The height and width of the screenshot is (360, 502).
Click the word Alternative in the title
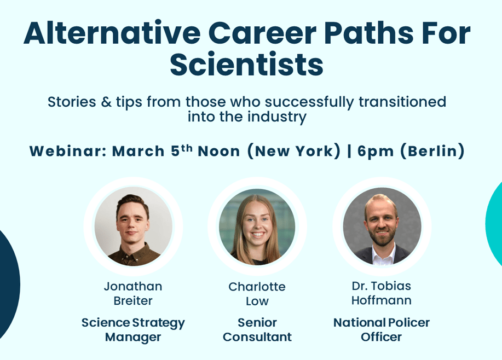pos(112,33)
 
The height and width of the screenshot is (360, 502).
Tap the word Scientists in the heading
pos(246,65)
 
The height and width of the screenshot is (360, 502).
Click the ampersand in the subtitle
pos(106,102)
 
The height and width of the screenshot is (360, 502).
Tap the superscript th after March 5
pos(187,148)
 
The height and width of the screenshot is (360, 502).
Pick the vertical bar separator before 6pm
pos(349,152)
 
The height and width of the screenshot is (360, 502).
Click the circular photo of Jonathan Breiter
pos(133,227)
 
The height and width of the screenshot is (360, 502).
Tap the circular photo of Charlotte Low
pos(257,227)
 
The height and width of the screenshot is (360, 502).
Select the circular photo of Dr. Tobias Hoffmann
pos(382,226)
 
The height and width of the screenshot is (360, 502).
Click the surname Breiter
pos(133,301)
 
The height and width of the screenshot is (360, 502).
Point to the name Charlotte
pos(257,287)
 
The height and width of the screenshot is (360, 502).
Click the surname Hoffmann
pos(382,300)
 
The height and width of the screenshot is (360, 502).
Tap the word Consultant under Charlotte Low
pos(257,337)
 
